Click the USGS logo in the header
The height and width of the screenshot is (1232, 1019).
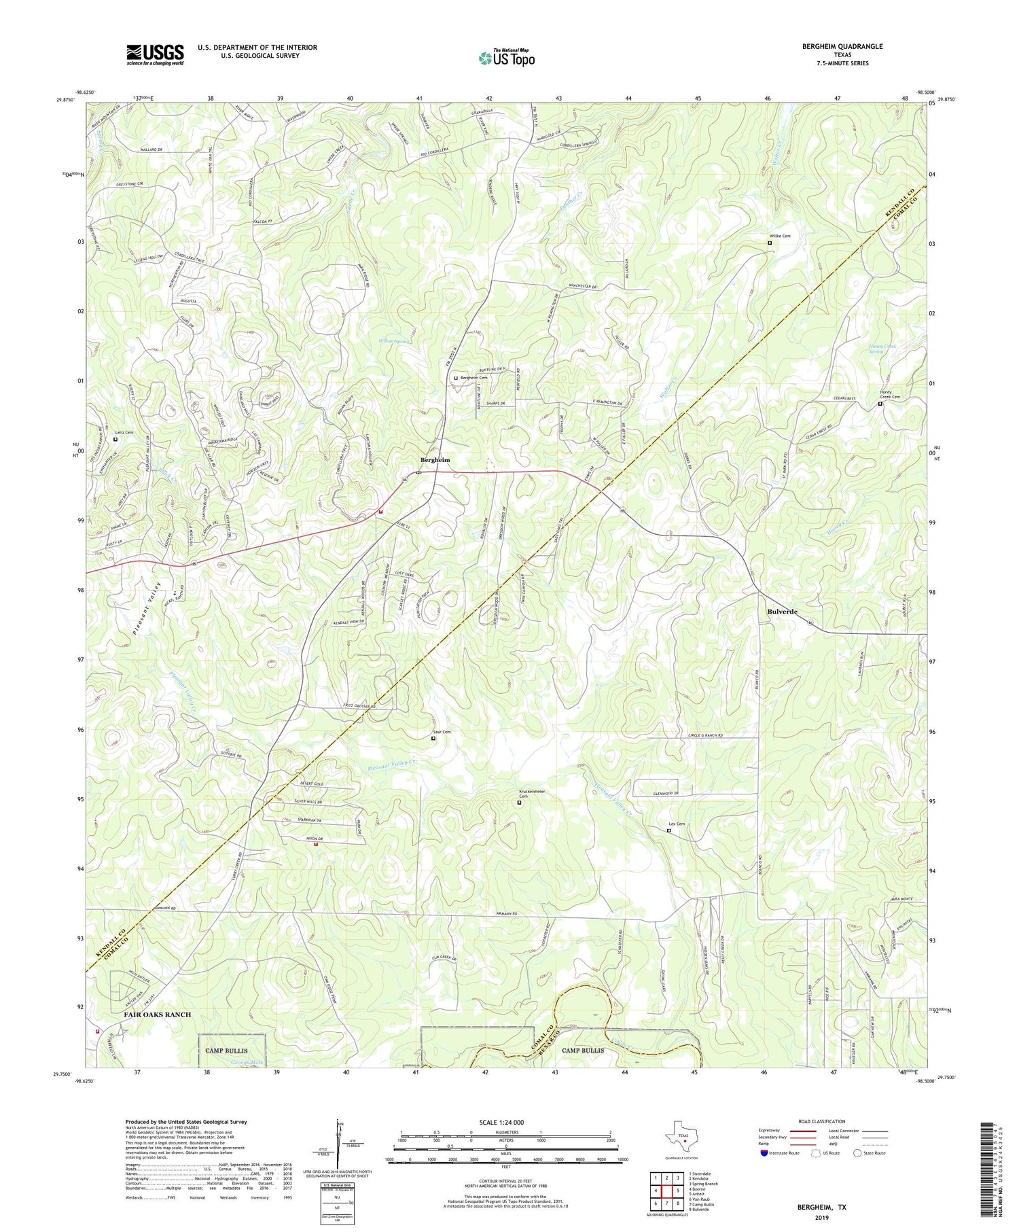click(x=155, y=54)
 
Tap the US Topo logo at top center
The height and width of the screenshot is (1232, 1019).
click(x=506, y=58)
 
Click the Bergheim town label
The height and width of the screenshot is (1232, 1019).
click(x=435, y=460)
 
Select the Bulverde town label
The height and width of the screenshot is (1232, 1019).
click(x=782, y=612)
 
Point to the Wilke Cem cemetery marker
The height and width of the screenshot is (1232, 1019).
click(x=770, y=243)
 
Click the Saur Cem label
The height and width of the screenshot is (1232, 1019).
click(x=442, y=732)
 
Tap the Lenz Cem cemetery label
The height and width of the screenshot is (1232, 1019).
click(x=124, y=432)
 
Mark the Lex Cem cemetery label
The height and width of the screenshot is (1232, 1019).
click(x=677, y=824)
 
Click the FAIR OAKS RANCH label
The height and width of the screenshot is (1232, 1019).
click(x=157, y=1015)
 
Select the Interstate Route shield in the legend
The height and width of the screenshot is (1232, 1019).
click(x=765, y=1152)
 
